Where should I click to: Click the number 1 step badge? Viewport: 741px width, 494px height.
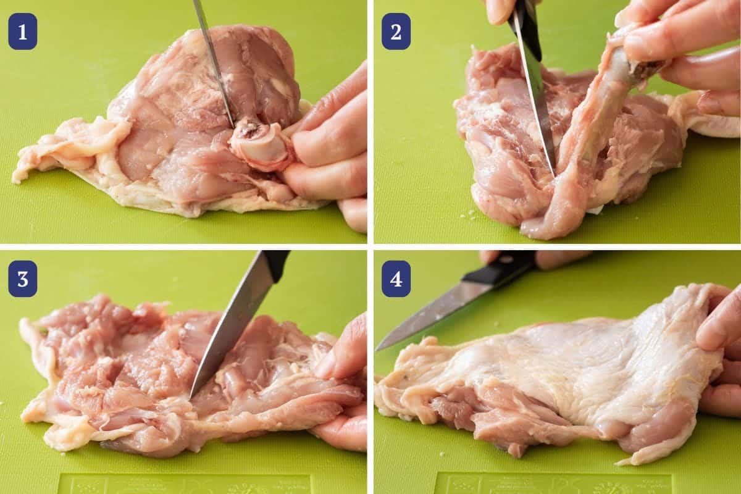click(x=22, y=31)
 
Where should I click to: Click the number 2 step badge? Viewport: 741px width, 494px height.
click(x=396, y=31)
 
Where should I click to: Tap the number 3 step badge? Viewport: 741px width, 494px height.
click(x=22, y=278)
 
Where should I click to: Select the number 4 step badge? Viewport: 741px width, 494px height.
click(x=396, y=278)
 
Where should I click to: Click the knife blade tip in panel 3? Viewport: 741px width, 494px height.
click(x=193, y=393)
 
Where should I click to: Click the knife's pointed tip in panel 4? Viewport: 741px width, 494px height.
click(x=380, y=347)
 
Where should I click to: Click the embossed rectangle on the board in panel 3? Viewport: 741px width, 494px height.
click(x=185, y=484)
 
